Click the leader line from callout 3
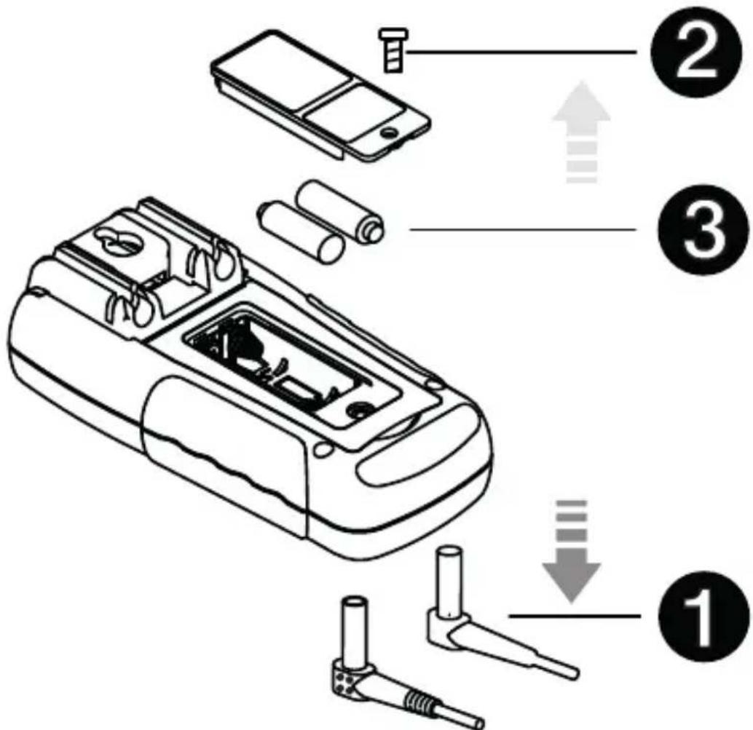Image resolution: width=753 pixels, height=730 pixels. [x=524, y=230]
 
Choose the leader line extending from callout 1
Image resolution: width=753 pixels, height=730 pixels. [x=575, y=616]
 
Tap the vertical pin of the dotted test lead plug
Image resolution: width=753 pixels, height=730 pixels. [x=352, y=622]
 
